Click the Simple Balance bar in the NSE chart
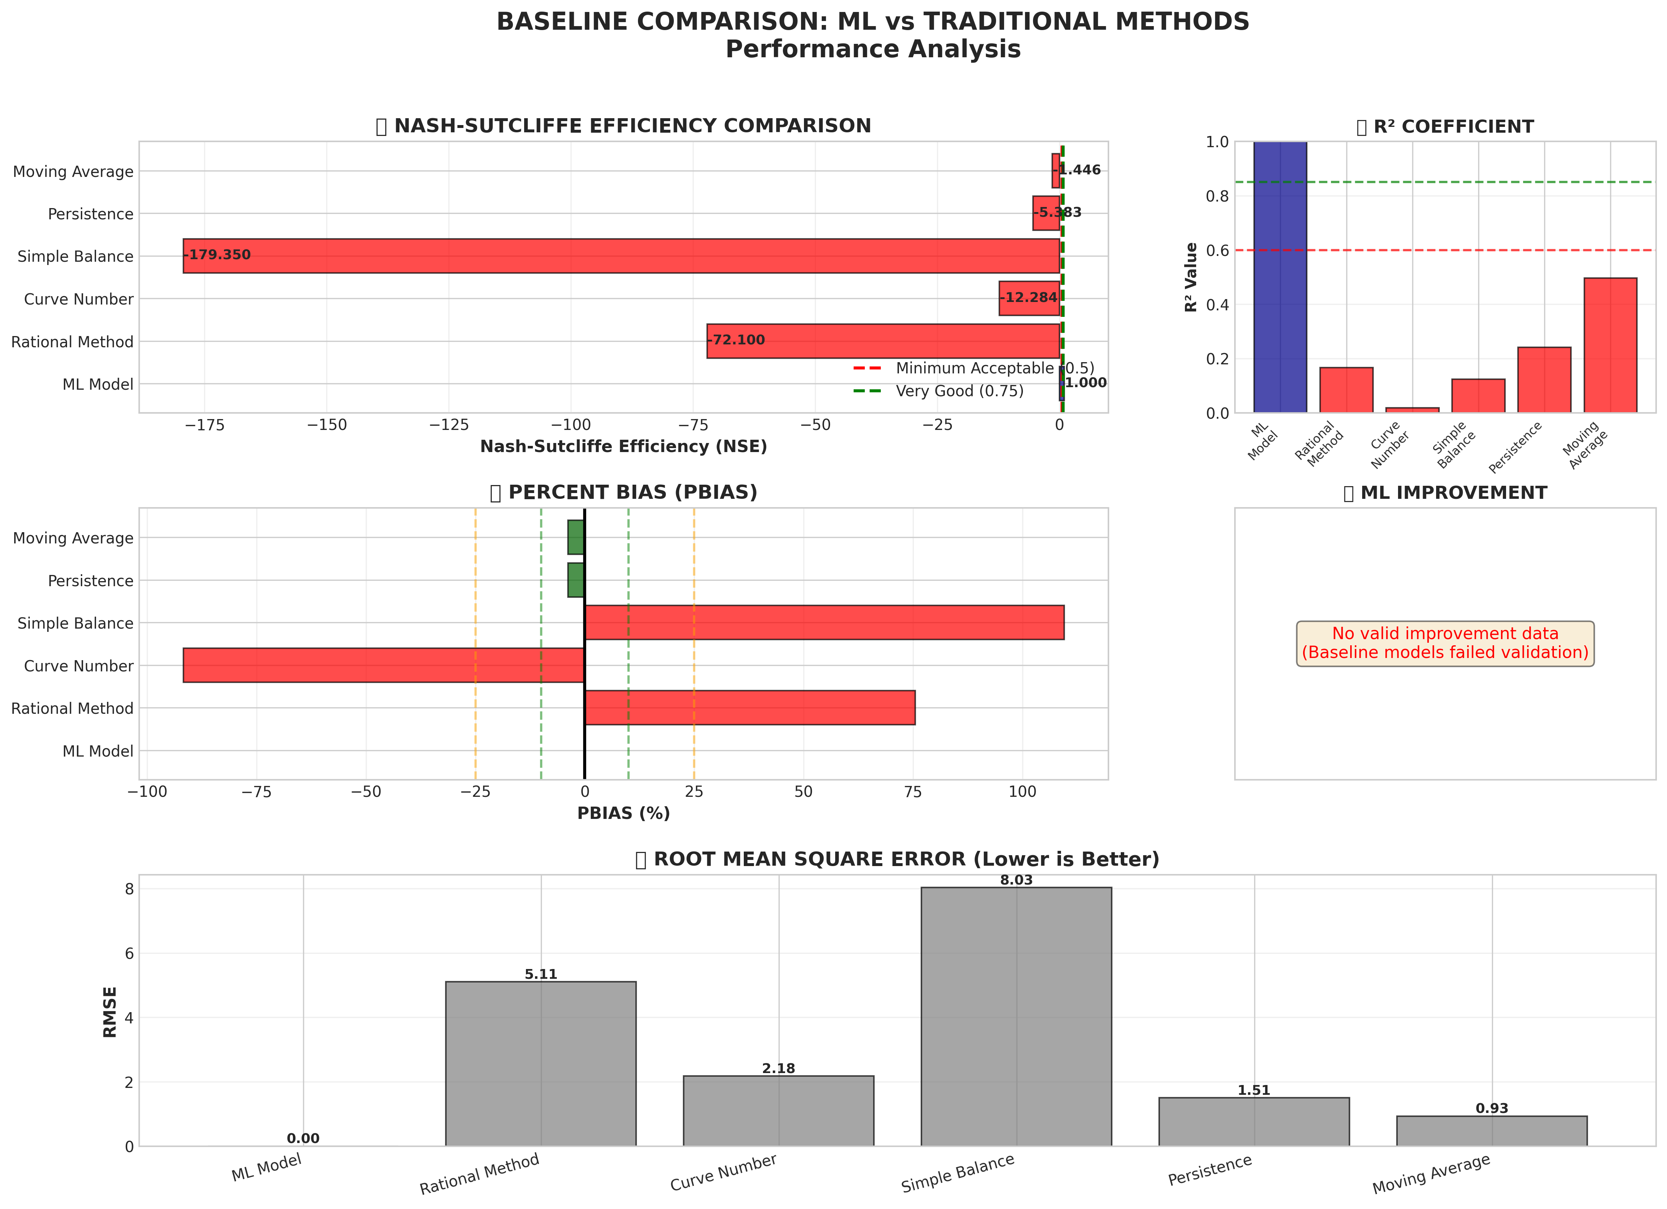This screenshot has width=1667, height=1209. pyautogui.click(x=621, y=256)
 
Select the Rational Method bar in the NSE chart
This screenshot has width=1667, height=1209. pyautogui.click(x=882, y=341)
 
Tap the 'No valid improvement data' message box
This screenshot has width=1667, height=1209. pyautogui.click(x=1444, y=643)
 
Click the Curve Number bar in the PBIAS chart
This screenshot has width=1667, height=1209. pyautogui.click(x=383, y=665)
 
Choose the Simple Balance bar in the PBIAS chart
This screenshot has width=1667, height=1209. pyautogui.click(x=824, y=622)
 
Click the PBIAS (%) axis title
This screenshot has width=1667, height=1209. pyautogui.click(x=623, y=813)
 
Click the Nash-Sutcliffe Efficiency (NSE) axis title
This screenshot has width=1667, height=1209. pyautogui.click(x=623, y=447)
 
